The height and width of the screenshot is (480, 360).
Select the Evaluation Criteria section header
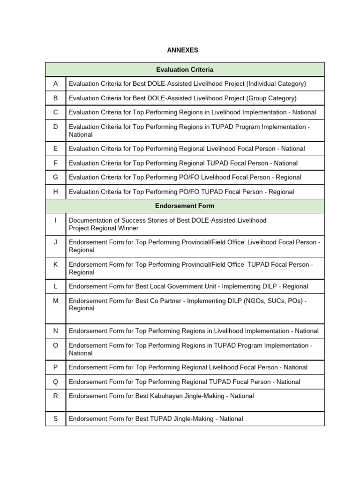click(x=184, y=69)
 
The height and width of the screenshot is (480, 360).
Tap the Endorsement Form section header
click(x=184, y=206)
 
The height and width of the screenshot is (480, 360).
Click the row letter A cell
click(x=55, y=83)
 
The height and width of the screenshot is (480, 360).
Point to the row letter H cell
click(x=55, y=192)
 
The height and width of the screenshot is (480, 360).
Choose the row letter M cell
click(x=55, y=301)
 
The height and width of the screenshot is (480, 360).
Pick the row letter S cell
click(x=55, y=419)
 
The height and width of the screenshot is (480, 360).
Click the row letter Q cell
click(x=55, y=382)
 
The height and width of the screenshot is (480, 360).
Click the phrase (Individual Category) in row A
click(x=276, y=84)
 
